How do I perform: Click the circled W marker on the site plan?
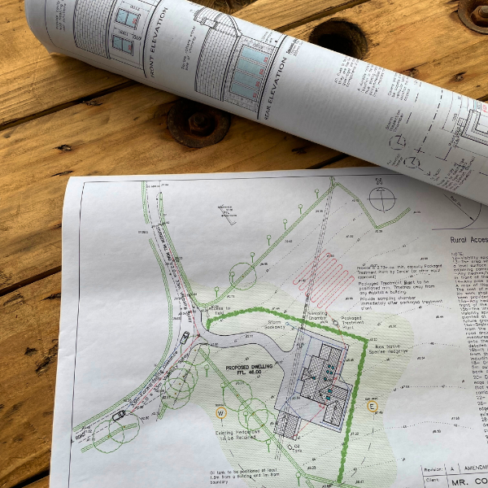coord(220,412)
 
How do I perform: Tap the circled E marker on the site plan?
coord(373,405)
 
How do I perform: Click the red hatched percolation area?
coord(313,275)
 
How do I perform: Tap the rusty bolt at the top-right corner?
coord(474,12)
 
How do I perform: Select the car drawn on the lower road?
coord(119,416)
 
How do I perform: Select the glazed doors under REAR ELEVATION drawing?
coord(251,68)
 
